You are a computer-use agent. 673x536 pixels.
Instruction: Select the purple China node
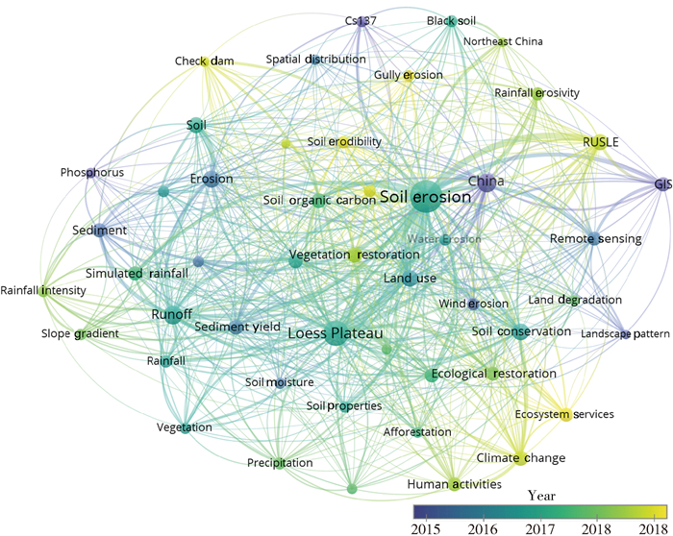(486, 183)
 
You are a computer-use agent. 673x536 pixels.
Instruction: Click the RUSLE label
(601, 142)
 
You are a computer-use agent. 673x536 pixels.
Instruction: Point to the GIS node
(661, 183)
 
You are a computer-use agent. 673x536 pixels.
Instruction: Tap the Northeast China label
(503, 42)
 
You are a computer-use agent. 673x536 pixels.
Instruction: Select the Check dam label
(204, 61)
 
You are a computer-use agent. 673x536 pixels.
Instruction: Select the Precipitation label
(280, 463)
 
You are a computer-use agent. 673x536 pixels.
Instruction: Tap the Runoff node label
(172, 315)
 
